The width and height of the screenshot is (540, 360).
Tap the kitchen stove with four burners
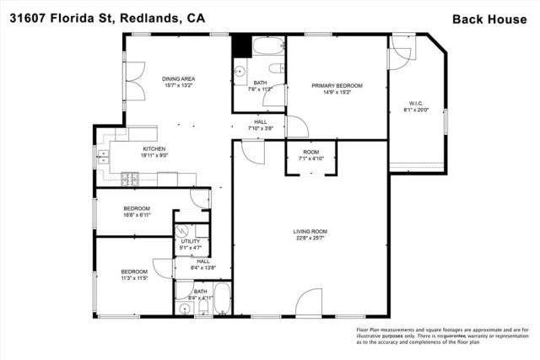click(131, 178)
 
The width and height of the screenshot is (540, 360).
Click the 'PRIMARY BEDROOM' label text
click(337, 86)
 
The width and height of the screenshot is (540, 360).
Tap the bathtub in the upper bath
click(269, 46)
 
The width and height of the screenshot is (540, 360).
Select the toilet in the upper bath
click(273, 69)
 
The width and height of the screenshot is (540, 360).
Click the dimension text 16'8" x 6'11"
click(137, 215)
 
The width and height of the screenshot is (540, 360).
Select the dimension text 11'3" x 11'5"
click(135, 278)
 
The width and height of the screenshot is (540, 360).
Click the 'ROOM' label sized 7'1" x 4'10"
click(304, 152)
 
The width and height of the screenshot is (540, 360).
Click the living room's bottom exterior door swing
click(309, 304)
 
